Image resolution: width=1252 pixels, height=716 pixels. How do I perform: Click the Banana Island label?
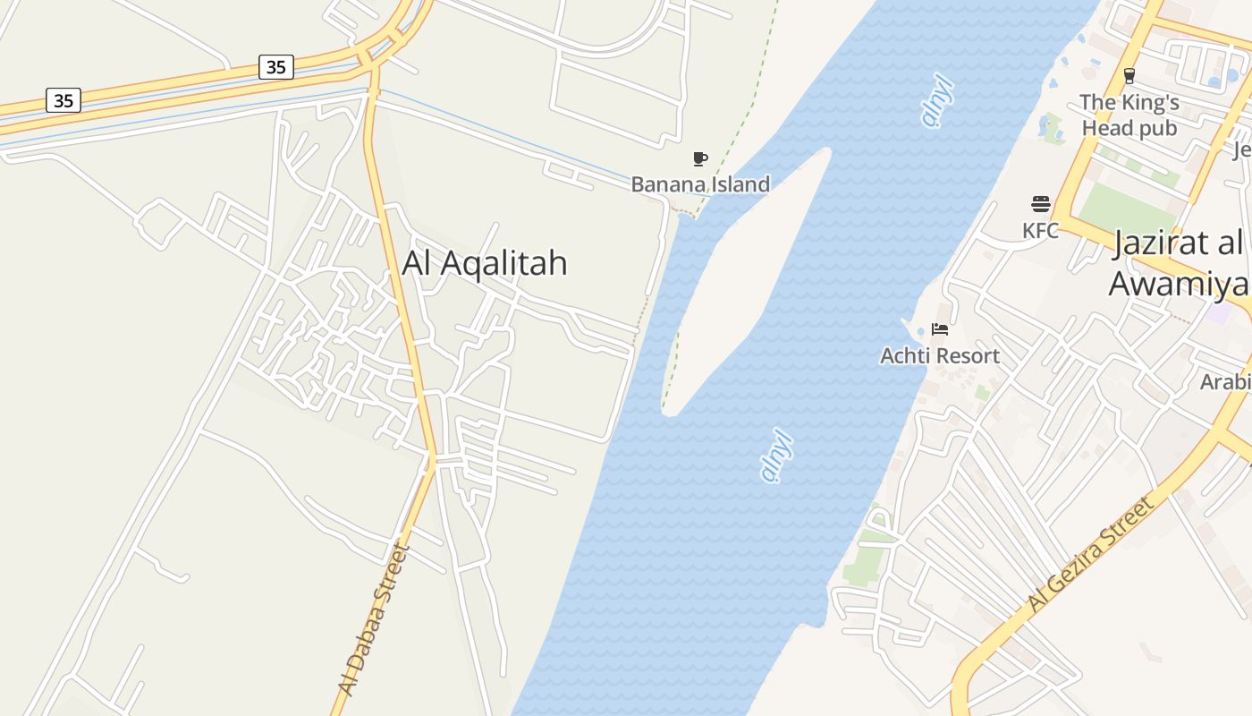coord(700,184)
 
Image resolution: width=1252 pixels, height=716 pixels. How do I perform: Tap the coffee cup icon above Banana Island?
coord(700,159)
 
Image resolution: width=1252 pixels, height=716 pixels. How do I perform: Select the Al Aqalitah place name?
coord(485,263)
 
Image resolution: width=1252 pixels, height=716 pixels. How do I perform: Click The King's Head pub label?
coord(1129,115)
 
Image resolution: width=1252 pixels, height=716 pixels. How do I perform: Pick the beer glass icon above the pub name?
coord(1129,76)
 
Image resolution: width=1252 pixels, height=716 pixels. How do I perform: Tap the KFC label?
coord(1040,231)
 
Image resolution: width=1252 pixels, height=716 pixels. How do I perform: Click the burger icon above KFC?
coord(1040,204)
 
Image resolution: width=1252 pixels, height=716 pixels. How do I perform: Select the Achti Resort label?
coord(940,356)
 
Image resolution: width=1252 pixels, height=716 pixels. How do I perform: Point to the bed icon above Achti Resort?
coord(940,329)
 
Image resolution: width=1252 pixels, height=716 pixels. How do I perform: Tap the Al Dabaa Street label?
coord(374,619)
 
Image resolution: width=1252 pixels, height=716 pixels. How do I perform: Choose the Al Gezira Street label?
coord(1091,555)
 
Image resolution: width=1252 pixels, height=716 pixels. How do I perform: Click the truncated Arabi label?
coord(1225,382)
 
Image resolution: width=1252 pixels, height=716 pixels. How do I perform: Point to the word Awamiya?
coord(1179,284)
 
